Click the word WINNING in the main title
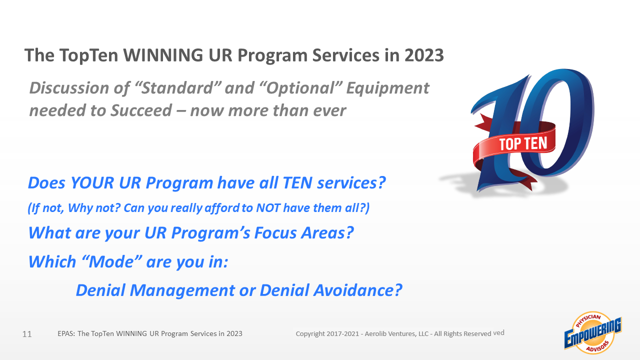coord(163,55)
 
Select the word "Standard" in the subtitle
coord(177,87)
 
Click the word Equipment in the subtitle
coord(387,88)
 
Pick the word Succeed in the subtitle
coord(141,110)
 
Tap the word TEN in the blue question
coord(297,183)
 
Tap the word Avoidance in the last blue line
coord(357,290)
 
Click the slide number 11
coord(27,334)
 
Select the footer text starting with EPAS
coord(150,333)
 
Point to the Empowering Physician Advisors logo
coord(593,333)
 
